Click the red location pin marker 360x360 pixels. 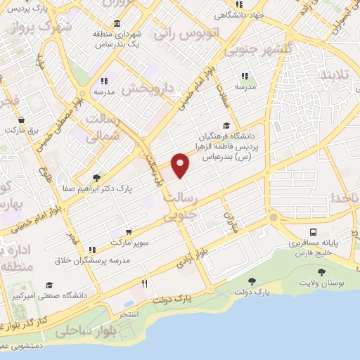point(181,165)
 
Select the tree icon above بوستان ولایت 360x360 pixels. point(321,272)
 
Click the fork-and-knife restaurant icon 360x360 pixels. point(145,283)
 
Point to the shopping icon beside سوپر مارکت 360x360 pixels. point(129,231)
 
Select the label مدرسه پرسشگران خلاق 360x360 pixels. point(91,261)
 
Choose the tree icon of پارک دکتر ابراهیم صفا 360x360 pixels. point(96,178)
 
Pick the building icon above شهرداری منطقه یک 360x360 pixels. point(117,22)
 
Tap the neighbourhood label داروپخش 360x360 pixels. point(147,89)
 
